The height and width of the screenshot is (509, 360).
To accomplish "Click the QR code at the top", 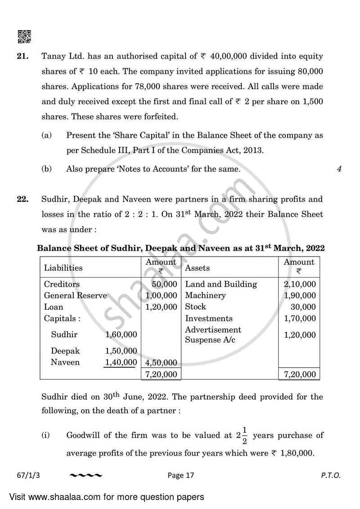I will (x=24, y=37).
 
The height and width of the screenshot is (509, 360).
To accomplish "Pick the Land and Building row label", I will (x=221, y=284).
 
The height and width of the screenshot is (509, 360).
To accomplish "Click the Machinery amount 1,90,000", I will (x=300, y=296).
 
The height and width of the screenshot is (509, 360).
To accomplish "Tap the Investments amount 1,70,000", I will (x=300, y=319).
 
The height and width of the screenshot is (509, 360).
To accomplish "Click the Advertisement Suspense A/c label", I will (x=213, y=335).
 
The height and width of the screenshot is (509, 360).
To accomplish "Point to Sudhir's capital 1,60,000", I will (x=121, y=335).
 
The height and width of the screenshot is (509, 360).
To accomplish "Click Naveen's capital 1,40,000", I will (x=121, y=362).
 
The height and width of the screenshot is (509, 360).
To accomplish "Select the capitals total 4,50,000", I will (x=162, y=363).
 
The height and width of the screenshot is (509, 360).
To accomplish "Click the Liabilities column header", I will (x=63, y=268).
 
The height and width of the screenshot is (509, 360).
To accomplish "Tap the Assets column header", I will (x=198, y=268).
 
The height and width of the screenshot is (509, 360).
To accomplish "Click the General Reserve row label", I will (x=75, y=296).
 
